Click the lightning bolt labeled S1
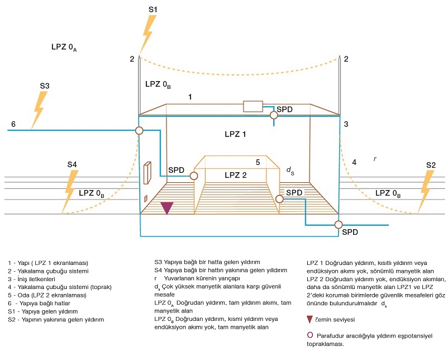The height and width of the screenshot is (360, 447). click(148, 34)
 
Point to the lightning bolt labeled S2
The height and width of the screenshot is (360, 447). click(425, 192)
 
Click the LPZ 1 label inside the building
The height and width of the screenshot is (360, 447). click(235, 134)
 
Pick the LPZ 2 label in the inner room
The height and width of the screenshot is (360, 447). click(235, 175)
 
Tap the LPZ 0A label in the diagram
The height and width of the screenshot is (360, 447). click(64, 47)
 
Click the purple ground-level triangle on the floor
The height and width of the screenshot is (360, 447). click(167, 207)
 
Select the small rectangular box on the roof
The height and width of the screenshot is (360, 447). click(253, 106)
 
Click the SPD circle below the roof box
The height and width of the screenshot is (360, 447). click(274, 115)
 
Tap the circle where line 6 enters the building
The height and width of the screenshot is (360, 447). click(139, 131)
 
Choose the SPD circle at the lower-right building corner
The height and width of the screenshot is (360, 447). click(339, 225)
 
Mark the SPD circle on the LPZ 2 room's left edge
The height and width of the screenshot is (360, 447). click(194, 176)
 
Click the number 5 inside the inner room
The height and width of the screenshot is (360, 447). click(258, 162)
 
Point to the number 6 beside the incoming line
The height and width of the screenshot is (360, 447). click(13, 124)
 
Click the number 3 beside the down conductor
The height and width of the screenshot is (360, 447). click(346, 124)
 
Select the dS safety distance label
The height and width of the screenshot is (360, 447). click(290, 170)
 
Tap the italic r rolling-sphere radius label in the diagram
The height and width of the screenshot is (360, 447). click(375, 159)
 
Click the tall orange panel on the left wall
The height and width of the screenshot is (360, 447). click(148, 173)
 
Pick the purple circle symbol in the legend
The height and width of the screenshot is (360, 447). click(310, 335)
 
